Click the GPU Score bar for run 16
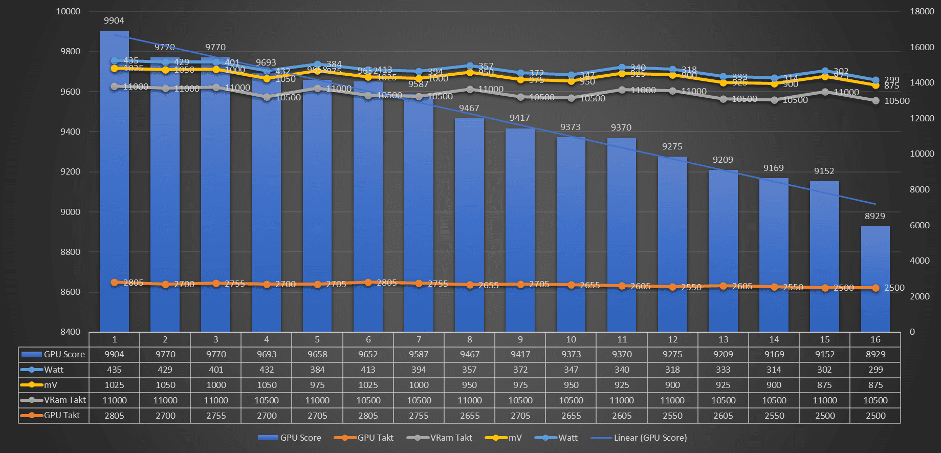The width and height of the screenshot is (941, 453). tap(876, 279)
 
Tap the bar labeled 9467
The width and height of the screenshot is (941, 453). tap(469, 225)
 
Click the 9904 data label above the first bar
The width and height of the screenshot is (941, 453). tap(114, 20)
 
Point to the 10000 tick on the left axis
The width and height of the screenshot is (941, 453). tap(68, 11)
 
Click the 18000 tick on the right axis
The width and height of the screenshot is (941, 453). tap(922, 11)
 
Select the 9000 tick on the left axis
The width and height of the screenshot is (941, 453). tap(71, 212)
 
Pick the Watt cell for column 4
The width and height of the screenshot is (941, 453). tap(267, 370)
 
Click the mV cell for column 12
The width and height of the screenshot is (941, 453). tap(672, 385)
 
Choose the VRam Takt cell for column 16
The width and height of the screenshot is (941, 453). tap(876, 400)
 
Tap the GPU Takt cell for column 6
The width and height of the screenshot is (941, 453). tap(368, 416)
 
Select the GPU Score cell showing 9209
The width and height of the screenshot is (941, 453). tap(723, 354)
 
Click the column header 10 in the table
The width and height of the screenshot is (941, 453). tap(571, 339)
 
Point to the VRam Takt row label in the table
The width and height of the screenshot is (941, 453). tap(64, 400)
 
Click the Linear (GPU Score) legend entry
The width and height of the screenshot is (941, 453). tap(650, 438)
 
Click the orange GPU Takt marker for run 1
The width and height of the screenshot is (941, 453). tap(115, 283)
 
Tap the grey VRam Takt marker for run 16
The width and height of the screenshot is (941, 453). tap(876, 101)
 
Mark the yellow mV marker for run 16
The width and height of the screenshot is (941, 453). tap(876, 85)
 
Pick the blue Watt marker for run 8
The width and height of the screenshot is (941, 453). tap(470, 66)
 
